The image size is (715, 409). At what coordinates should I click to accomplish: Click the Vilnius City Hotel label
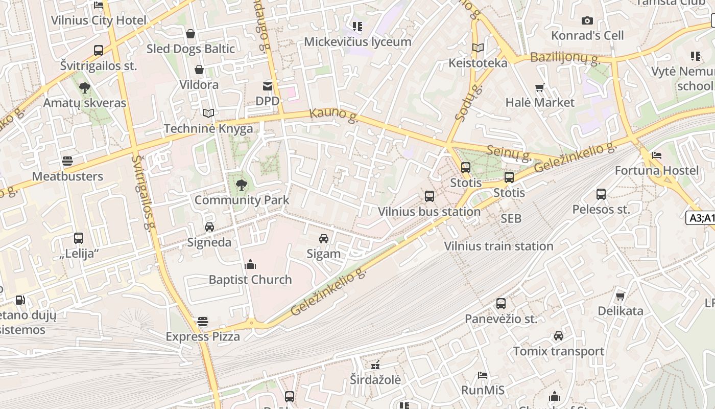[x=99, y=21]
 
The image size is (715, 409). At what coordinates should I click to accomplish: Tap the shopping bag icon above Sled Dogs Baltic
[x=190, y=34]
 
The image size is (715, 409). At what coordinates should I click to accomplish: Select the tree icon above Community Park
[x=242, y=185]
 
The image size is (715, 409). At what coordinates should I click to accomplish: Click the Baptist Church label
[x=250, y=280]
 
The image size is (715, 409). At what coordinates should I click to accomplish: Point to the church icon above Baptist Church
[x=250, y=264]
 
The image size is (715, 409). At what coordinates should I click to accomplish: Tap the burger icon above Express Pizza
[x=203, y=322]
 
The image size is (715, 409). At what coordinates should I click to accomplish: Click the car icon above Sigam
[x=324, y=238]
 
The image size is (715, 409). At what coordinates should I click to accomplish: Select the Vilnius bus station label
[x=429, y=212]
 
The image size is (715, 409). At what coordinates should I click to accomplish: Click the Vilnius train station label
[x=498, y=246]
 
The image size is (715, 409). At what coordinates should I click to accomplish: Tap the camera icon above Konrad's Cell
[x=587, y=20]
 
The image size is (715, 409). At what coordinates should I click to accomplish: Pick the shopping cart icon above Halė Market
[x=540, y=87]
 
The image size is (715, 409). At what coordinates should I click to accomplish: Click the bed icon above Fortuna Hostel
[x=657, y=155]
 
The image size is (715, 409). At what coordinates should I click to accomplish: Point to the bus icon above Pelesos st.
[x=601, y=194]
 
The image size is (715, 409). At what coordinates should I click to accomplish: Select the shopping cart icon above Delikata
[x=621, y=296]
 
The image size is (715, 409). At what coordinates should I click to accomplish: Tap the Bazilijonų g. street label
[x=564, y=57]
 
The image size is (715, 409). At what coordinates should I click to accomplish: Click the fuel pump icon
[x=20, y=300]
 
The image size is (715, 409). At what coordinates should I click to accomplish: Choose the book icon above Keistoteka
[x=478, y=48]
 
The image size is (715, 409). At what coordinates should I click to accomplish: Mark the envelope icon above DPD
[x=268, y=86]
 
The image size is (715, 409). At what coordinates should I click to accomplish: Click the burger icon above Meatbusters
[x=67, y=161]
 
